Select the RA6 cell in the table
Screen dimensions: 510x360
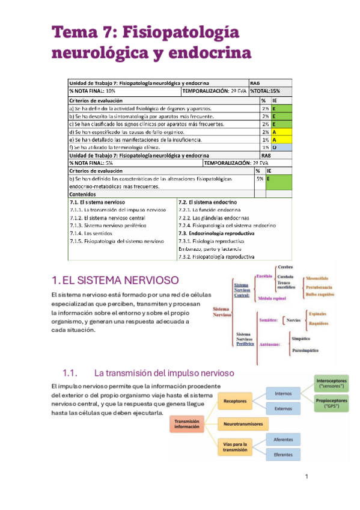click(x=255, y=83)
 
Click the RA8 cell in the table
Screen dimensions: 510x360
click(x=255, y=155)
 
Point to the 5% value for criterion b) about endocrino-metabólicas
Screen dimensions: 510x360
click(x=260, y=179)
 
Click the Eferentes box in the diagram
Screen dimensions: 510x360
click(x=283, y=455)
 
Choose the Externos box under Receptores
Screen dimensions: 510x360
click(x=283, y=408)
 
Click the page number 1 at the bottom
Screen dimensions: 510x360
click(x=307, y=477)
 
